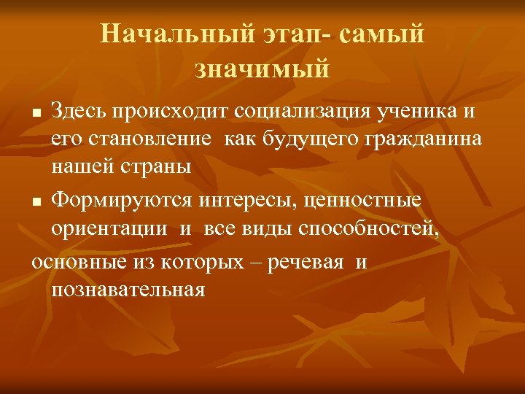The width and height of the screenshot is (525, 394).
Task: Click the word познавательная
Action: pyautogui.click(x=128, y=289)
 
